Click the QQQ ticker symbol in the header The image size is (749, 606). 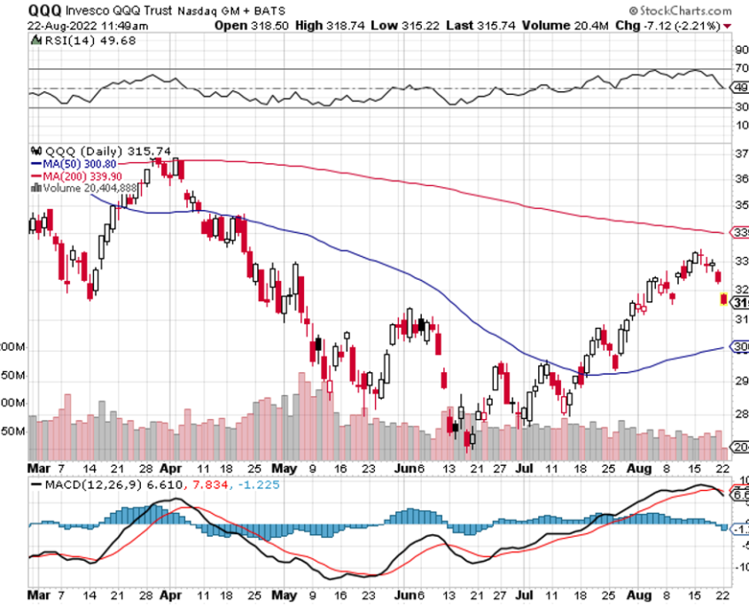click(43, 10)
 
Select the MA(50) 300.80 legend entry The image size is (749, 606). click(82, 164)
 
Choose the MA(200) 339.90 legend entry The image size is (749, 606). click(85, 175)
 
